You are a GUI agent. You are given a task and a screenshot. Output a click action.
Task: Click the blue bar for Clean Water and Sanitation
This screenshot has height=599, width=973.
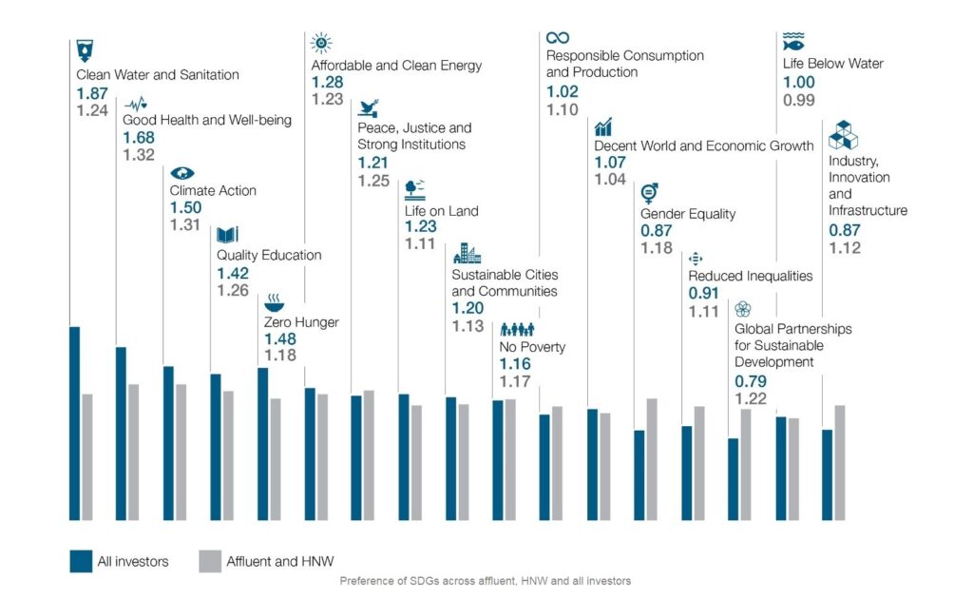[x=74, y=423]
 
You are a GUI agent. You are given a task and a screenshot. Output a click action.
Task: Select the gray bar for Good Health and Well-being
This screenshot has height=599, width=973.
[x=134, y=452]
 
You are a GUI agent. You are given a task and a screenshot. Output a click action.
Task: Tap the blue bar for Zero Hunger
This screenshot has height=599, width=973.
[x=262, y=443]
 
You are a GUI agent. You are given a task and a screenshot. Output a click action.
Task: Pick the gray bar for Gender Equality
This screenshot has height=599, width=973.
[x=652, y=459]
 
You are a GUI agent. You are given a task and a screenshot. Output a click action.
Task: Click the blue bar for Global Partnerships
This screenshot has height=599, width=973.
[x=734, y=479]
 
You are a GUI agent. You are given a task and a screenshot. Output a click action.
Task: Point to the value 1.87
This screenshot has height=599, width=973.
[x=92, y=93]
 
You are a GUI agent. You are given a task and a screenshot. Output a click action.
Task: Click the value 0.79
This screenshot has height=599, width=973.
[x=751, y=381]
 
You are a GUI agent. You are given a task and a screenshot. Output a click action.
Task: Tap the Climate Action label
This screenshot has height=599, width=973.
[x=213, y=190]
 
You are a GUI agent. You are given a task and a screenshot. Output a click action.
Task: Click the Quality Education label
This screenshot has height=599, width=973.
[x=269, y=255]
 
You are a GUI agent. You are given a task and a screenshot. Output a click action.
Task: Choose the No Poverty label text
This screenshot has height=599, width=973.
[x=532, y=346]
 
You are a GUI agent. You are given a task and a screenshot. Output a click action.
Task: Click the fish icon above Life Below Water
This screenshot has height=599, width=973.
[x=793, y=42]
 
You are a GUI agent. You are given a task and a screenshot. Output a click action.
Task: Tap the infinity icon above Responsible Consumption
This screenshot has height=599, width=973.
[x=558, y=37]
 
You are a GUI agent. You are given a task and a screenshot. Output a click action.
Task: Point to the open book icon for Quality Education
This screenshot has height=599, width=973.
[x=228, y=234]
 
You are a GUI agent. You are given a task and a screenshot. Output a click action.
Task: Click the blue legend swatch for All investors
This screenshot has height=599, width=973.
[x=81, y=561]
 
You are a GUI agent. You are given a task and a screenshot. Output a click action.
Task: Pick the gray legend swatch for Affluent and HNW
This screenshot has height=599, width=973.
[x=210, y=561]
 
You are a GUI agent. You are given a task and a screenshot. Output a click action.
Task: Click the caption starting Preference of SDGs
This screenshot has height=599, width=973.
[x=485, y=580]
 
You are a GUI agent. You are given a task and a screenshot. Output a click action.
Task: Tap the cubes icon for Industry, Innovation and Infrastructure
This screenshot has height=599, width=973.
[x=843, y=136]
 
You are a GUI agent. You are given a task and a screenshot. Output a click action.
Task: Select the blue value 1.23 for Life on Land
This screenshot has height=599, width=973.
[x=420, y=226]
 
